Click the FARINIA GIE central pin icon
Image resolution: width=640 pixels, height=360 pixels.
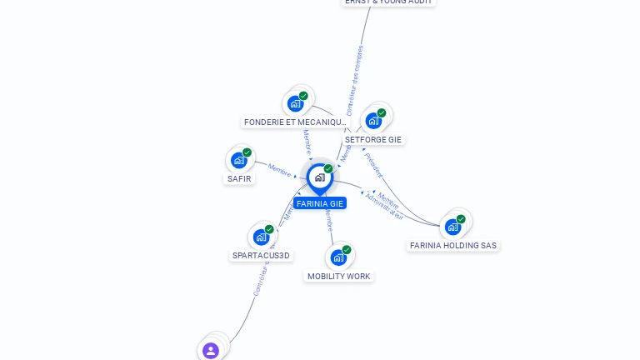pyautogui.click(x=319, y=177)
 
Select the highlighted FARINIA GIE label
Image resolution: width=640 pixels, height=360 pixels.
pyautogui.click(x=319, y=203)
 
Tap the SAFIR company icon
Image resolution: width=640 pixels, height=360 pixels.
pyautogui.click(x=240, y=160)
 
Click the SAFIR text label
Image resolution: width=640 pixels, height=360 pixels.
pyautogui.click(x=239, y=178)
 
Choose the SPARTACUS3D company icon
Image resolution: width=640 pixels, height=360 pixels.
pyautogui.click(x=262, y=237)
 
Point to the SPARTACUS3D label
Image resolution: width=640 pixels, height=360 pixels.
pyautogui.click(x=262, y=255)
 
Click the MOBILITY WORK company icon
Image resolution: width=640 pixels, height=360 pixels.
pyautogui.click(x=338, y=257)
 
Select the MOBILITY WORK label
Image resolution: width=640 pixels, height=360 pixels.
pyautogui.click(x=338, y=276)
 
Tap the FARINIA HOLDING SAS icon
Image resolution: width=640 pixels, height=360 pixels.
pyautogui.click(x=452, y=226)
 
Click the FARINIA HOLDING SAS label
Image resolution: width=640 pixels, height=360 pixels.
pyautogui.click(x=453, y=245)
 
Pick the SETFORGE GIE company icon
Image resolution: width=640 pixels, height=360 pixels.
pyautogui.click(x=373, y=120)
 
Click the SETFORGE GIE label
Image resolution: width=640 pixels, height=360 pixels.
pyautogui.click(x=373, y=139)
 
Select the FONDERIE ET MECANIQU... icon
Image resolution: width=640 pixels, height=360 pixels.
pyautogui.click(x=295, y=103)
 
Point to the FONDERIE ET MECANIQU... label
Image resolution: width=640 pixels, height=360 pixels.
pyautogui.click(x=295, y=122)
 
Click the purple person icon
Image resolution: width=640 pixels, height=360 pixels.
pyautogui.click(x=211, y=350)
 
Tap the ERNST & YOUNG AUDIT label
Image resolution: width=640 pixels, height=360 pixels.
pyautogui.click(x=388, y=2)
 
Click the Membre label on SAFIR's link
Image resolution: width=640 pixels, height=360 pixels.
pyautogui.click(x=279, y=169)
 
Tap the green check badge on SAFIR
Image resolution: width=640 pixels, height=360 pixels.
pyautogui.click(x=247, y=152)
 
